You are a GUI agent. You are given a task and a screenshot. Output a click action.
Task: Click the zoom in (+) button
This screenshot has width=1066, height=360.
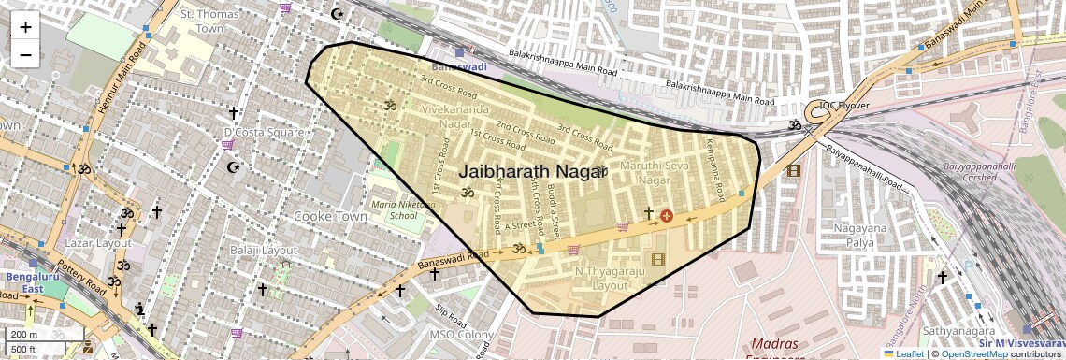click(25, 27)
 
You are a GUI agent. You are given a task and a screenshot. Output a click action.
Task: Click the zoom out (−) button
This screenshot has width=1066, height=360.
click(25, 55)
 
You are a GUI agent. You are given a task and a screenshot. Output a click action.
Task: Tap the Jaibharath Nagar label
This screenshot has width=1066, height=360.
click(529, 172)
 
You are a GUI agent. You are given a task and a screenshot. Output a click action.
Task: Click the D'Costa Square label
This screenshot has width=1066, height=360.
click(263, 133)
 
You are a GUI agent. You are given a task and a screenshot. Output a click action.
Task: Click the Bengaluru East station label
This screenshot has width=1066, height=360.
click(21, 282)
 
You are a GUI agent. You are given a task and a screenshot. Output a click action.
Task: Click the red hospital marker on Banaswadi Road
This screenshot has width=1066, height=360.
click(667, 216)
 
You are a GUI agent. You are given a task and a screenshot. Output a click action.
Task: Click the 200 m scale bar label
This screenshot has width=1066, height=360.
click(24, 335)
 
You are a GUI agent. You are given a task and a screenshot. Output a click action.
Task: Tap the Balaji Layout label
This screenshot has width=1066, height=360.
click(264, 251)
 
